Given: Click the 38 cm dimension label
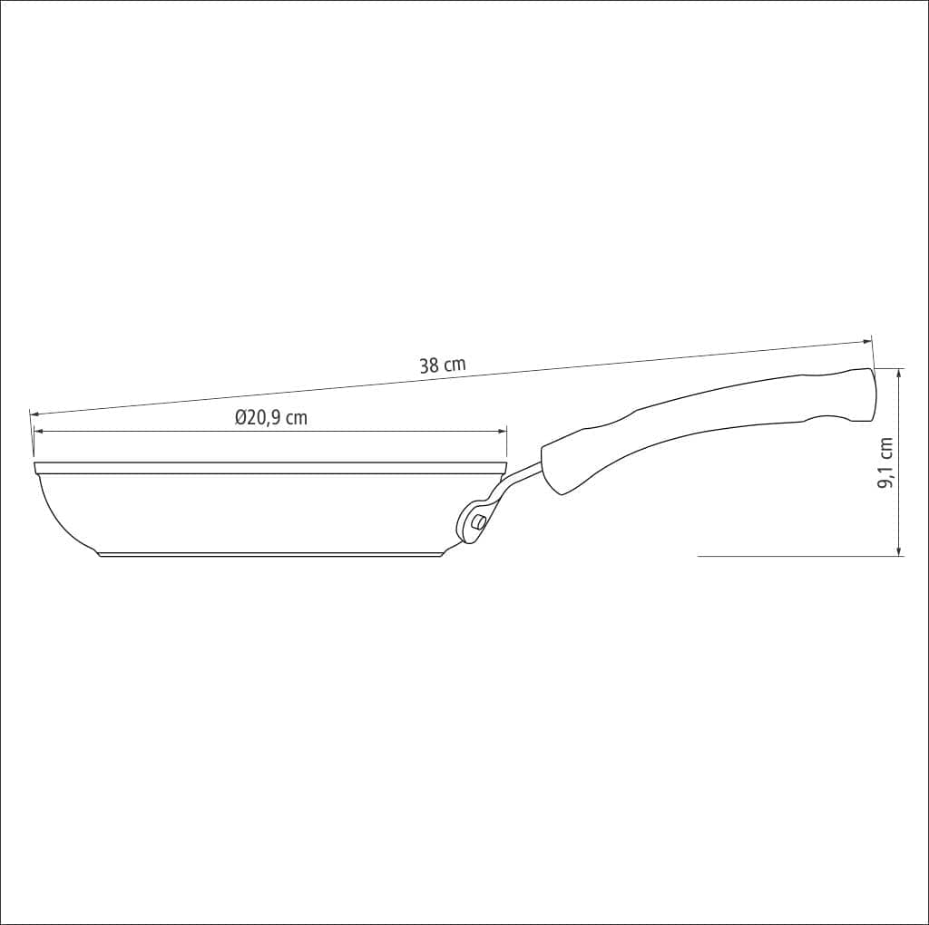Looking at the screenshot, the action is click(x=443, y=365).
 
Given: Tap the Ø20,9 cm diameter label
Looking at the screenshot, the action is click(x=270, y=418).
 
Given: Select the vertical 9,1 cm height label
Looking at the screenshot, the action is click(x=885, y=463).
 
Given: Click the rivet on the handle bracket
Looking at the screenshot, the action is click(x=477, y=523).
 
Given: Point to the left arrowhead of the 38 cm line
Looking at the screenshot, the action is click(x=34, y=413).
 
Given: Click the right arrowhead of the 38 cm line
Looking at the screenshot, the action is click(x=867, y=342).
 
